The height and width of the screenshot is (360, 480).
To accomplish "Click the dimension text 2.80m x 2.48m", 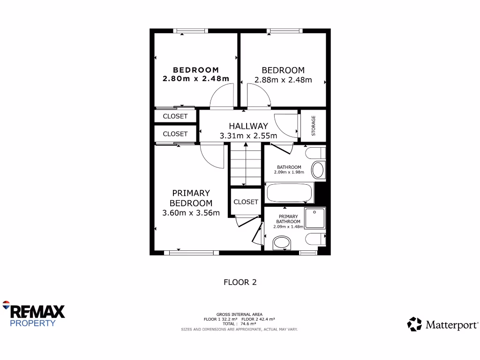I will point(196,79).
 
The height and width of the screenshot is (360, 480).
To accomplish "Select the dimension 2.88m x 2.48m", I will point(283,80).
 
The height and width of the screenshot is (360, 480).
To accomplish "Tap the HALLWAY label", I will point(248,126).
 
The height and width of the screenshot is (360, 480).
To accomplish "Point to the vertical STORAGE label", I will point(314,126).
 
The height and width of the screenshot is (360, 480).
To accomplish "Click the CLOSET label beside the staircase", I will point(246,202).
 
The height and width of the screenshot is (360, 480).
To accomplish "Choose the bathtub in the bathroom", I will point(289,193).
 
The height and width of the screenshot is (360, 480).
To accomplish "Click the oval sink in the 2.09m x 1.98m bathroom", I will point(318,170).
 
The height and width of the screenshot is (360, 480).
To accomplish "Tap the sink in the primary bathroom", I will point(282,243).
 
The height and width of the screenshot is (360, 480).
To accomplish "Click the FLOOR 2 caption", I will point(240,282).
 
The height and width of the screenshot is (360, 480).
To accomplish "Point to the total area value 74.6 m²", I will point(249,324).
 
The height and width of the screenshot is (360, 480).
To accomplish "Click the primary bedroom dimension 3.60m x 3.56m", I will point(191,213).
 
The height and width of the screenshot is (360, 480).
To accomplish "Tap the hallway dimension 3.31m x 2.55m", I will point(248,136).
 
